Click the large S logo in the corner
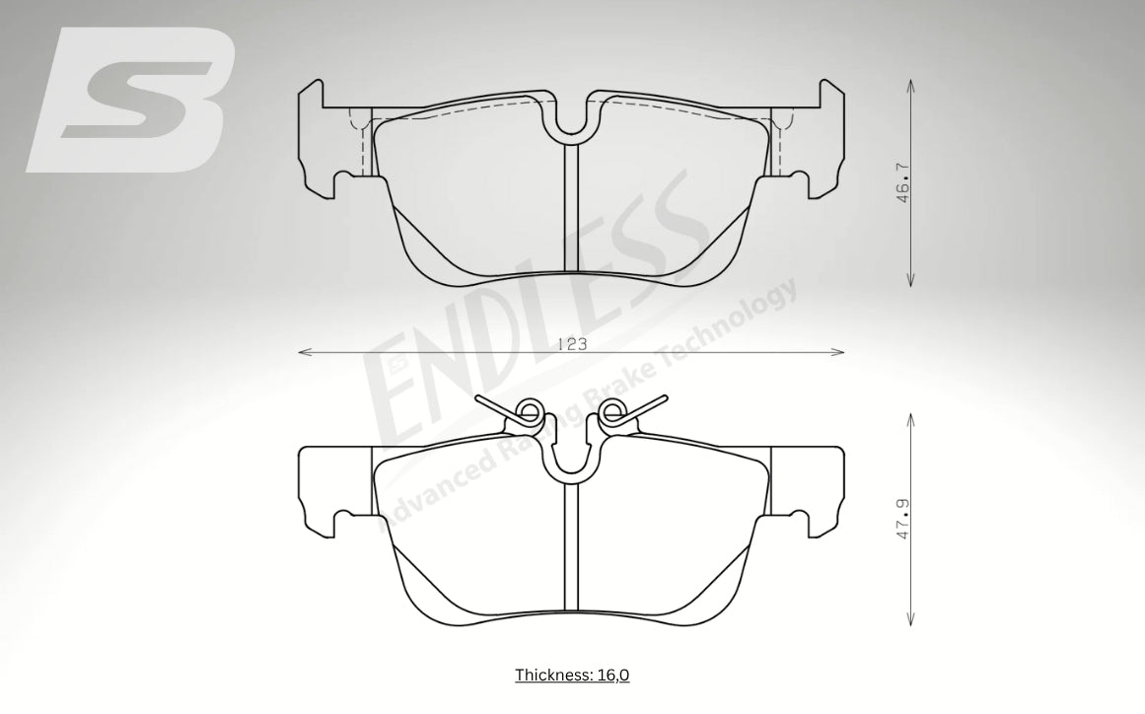click(131, 100)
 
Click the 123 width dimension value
click(572, 344)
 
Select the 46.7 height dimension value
click(903, 182)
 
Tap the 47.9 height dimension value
click(903, 519)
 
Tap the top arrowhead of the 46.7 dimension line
click(910, 86)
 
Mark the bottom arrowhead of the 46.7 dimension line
click(910, 280)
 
